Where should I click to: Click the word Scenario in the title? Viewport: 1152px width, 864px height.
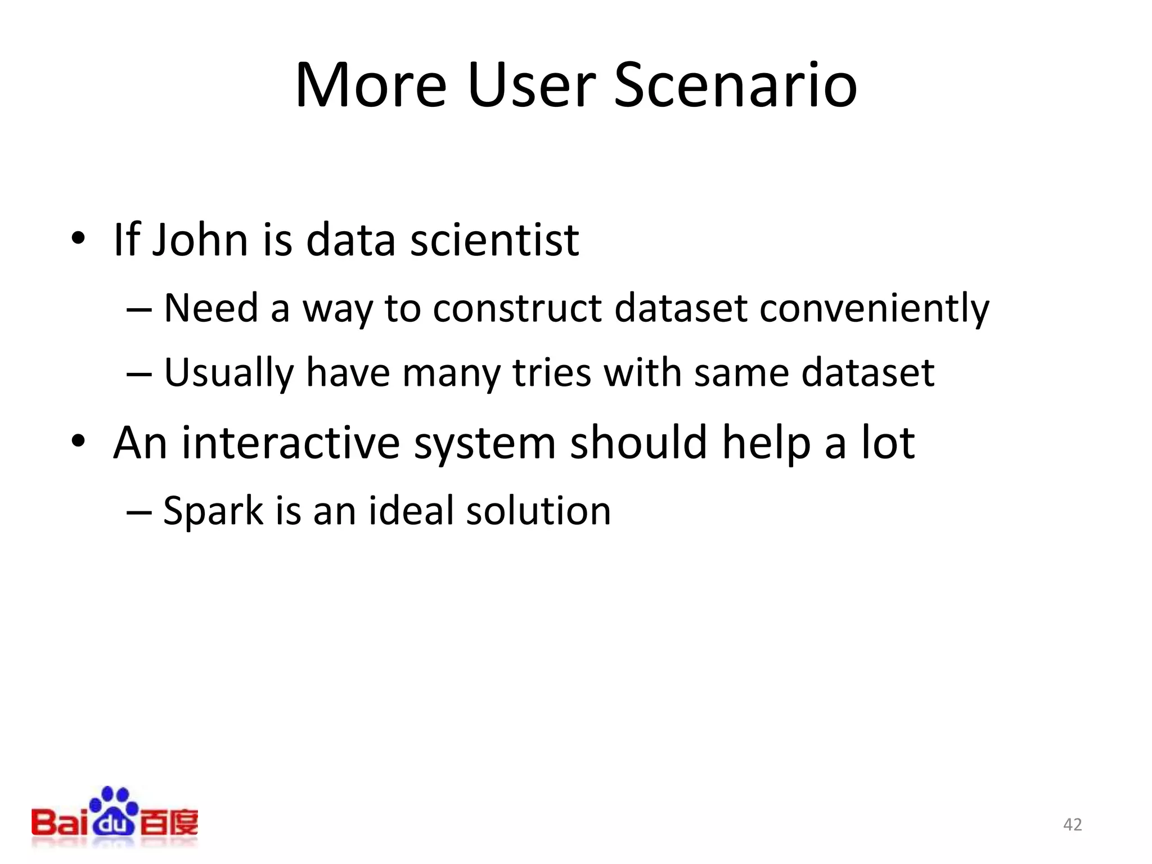(x=735, y=85)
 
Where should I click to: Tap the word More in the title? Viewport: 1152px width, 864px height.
(x=371, y=85)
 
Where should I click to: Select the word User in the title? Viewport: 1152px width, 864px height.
(x=530, y=85)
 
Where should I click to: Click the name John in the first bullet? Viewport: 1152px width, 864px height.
(x=200, y=240)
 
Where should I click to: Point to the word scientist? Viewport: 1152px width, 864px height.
(x=494, y=240)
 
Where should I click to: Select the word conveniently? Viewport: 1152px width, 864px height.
(x=874, y=308)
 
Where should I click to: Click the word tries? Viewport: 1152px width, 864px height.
(x=552, y=373)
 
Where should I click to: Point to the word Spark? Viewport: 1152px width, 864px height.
(x=213, y=512)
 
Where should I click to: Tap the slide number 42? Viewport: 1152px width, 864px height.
(x=1072, y=825)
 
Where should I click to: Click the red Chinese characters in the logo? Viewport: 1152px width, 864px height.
(x=169, y=823)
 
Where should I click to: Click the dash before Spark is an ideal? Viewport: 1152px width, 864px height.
(x=138, y=512)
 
